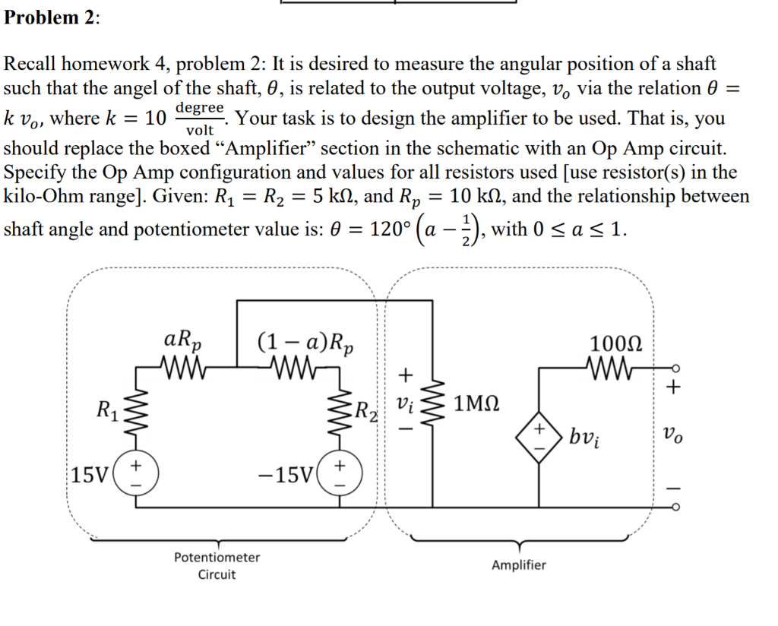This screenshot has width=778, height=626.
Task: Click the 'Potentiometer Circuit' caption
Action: [217, 566]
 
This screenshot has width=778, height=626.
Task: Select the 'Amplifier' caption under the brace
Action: [518, 565]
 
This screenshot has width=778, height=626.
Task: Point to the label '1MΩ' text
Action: [476, 403]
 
